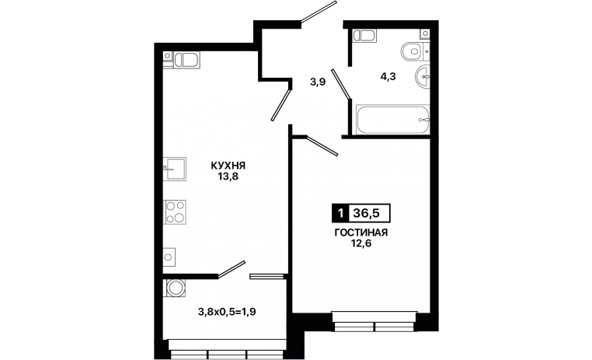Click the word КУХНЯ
point(228,166)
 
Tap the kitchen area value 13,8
point(228,177)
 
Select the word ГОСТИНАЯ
point(361,232)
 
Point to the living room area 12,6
point(361,243)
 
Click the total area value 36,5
point(366,214)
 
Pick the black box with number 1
point(340,214)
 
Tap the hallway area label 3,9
point(318,82)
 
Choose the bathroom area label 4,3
point(388,77)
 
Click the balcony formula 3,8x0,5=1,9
point(227,312)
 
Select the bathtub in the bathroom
point(392,120)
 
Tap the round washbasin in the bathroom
point(423,77)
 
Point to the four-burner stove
point(175,212)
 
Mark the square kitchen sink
point(175,169)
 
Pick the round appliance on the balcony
point(175,288)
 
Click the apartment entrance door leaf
point(319,12)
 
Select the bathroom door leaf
point(341,84)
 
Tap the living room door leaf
point(322,146)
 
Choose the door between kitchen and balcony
point(232,269)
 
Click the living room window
point(375,321)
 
